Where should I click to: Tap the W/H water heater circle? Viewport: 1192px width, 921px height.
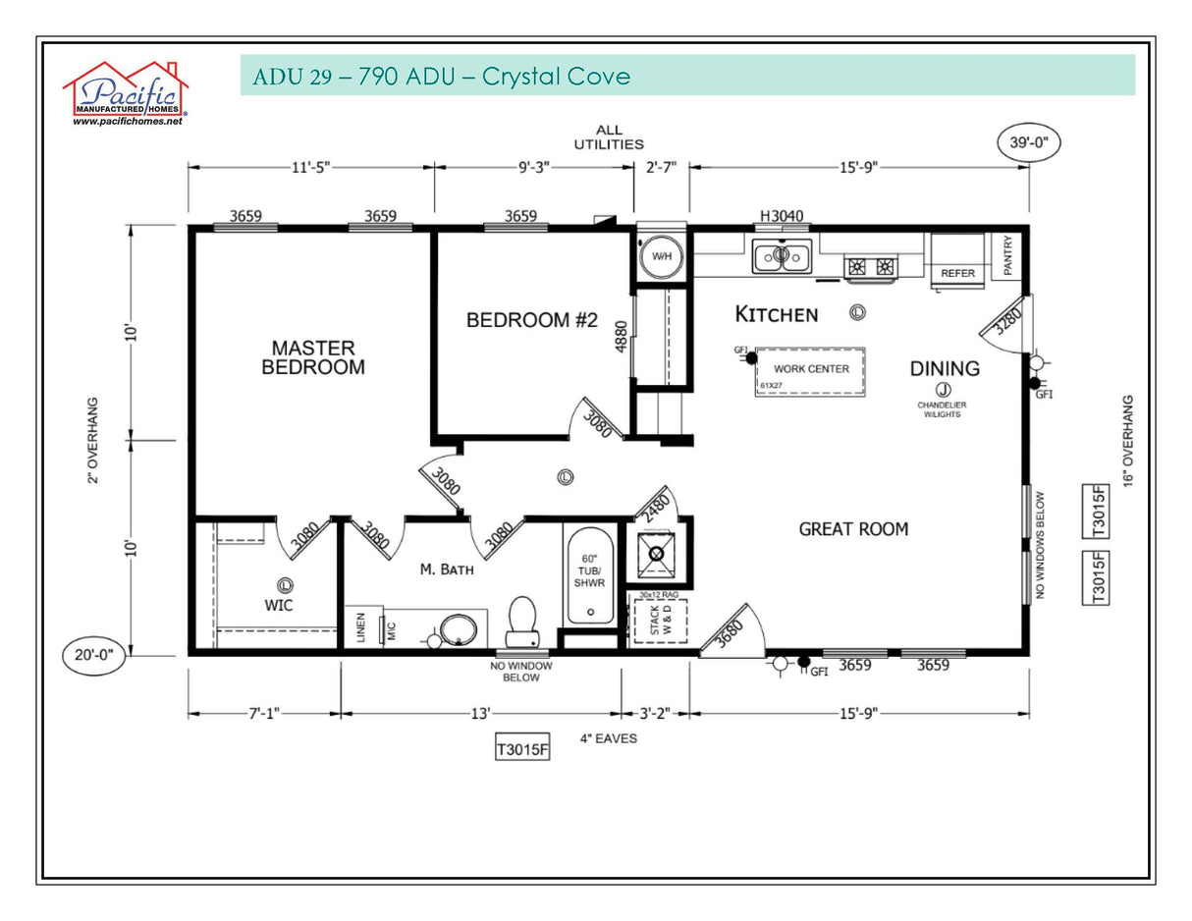click(662, 257)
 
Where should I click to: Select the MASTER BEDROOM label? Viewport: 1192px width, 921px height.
click(312, 357)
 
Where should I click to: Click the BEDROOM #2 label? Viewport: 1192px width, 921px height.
click(531, 320)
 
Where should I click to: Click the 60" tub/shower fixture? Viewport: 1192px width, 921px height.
click(590, 575)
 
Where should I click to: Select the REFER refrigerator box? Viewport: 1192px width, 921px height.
click(957, 262)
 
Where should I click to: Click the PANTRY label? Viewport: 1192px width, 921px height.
click(1008, 254)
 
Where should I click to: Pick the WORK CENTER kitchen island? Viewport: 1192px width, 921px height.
click(810, 370)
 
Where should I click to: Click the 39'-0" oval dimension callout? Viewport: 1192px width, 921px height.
click(1029, 142)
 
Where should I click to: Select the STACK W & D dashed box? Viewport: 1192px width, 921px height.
click(657, 621)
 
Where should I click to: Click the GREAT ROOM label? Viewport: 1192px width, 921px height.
click(853, 529)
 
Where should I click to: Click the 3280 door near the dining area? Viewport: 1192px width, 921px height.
click(1005, 321)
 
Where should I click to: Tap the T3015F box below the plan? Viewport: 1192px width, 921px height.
click(521, 749)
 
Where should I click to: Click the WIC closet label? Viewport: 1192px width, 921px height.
click(279, 605)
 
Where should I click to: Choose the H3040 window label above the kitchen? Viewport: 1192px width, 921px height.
click(781, 216)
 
